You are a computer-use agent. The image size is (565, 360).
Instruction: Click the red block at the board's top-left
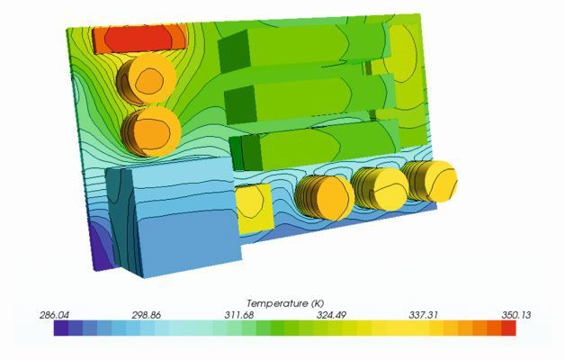click(140, 38)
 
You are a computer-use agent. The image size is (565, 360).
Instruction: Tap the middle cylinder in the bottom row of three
click(382, 188)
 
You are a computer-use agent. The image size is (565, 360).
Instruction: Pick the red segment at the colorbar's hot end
click(509, 329)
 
